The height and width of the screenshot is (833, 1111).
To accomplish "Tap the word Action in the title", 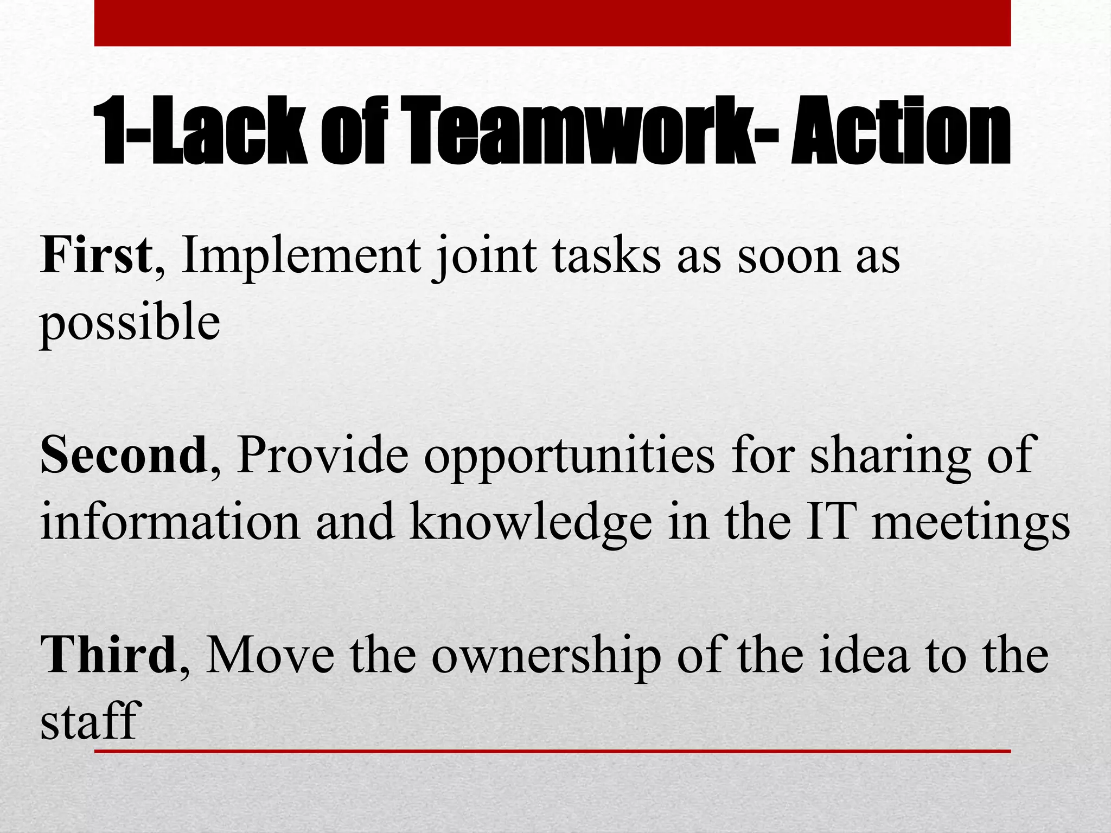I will click(900, 130).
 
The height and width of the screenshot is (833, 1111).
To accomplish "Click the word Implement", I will click(301, 256).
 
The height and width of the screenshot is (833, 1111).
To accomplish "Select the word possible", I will click(130, 323).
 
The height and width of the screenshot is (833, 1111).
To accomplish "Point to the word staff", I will click(91, 721).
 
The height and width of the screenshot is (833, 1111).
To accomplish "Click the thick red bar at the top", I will click(552, 23).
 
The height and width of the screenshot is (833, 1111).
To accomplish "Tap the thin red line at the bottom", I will click(552, 751).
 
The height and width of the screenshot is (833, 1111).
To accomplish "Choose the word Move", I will click(270, 655).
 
